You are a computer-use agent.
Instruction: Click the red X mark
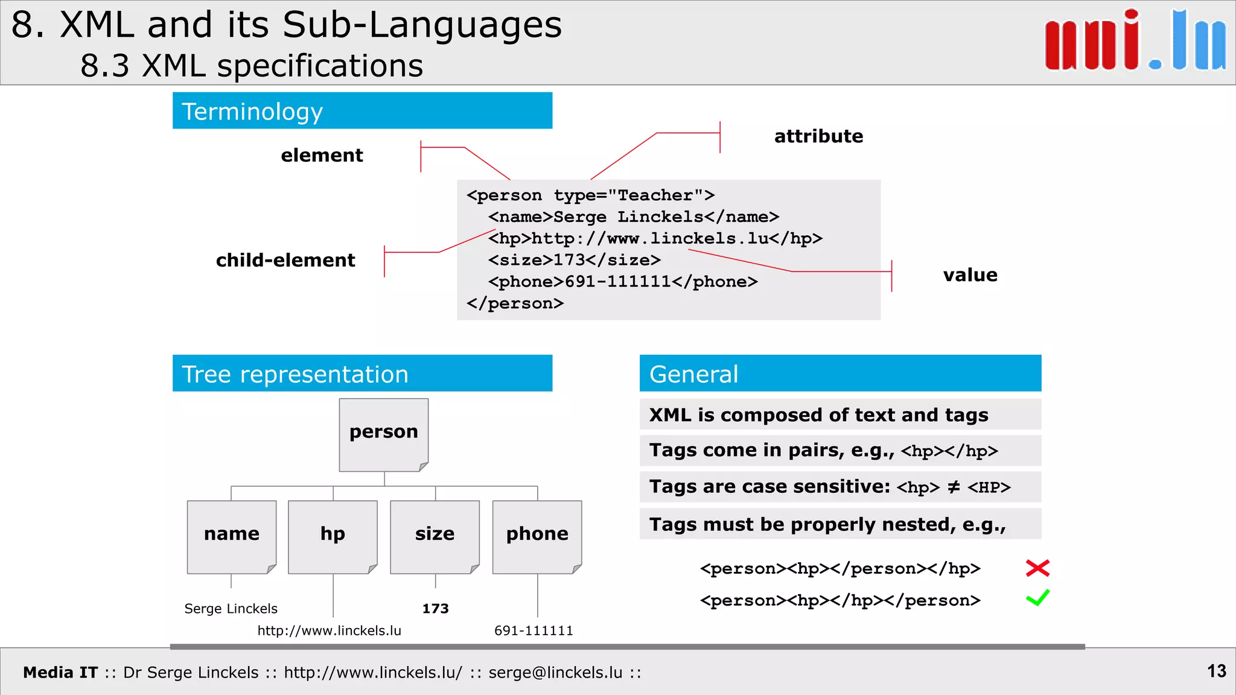pos(1037,568)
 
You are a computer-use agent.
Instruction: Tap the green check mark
pos(1037,598)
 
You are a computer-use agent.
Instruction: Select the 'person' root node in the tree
pos(384,434)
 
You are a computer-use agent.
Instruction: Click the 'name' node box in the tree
pos(232,536)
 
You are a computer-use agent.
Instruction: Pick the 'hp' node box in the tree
pos(333,536)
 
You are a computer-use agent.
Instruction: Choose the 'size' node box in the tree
pos(435,536)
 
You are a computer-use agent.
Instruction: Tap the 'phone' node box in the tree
pos(537,536)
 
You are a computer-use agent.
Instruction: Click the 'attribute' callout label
pos(818,136)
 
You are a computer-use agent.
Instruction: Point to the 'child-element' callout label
pos(285,261)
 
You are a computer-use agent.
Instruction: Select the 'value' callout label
pos(970,275)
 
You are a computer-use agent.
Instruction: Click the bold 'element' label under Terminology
pos(322,156)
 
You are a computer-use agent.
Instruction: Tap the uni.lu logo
pos(1135,41)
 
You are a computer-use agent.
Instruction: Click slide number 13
pos(1216,671)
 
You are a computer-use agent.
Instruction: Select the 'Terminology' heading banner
pos(362,111)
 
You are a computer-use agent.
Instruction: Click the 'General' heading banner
pos(840,374)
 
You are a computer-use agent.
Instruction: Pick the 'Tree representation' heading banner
pos(362,374)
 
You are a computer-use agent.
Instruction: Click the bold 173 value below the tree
pos(435,609)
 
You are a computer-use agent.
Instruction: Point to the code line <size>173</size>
pos(574,260)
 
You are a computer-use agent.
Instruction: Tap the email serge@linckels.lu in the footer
pos(555,673)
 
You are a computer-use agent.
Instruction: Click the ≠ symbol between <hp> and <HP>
pos(954,487)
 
